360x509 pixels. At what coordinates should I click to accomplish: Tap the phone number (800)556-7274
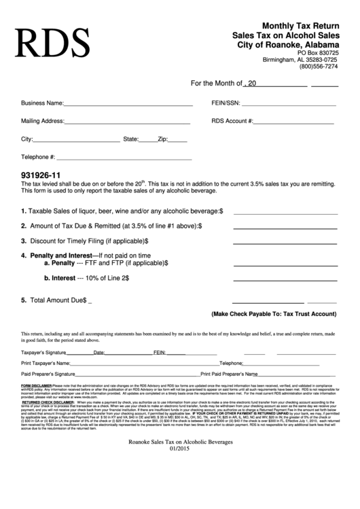click(319, 67)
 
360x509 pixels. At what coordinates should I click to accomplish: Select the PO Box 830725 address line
click(318, 52)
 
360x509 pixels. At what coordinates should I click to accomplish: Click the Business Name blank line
click(128, 104)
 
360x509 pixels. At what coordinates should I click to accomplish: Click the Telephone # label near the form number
click(39, 157)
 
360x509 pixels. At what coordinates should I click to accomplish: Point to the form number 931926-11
click(41, 174)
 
